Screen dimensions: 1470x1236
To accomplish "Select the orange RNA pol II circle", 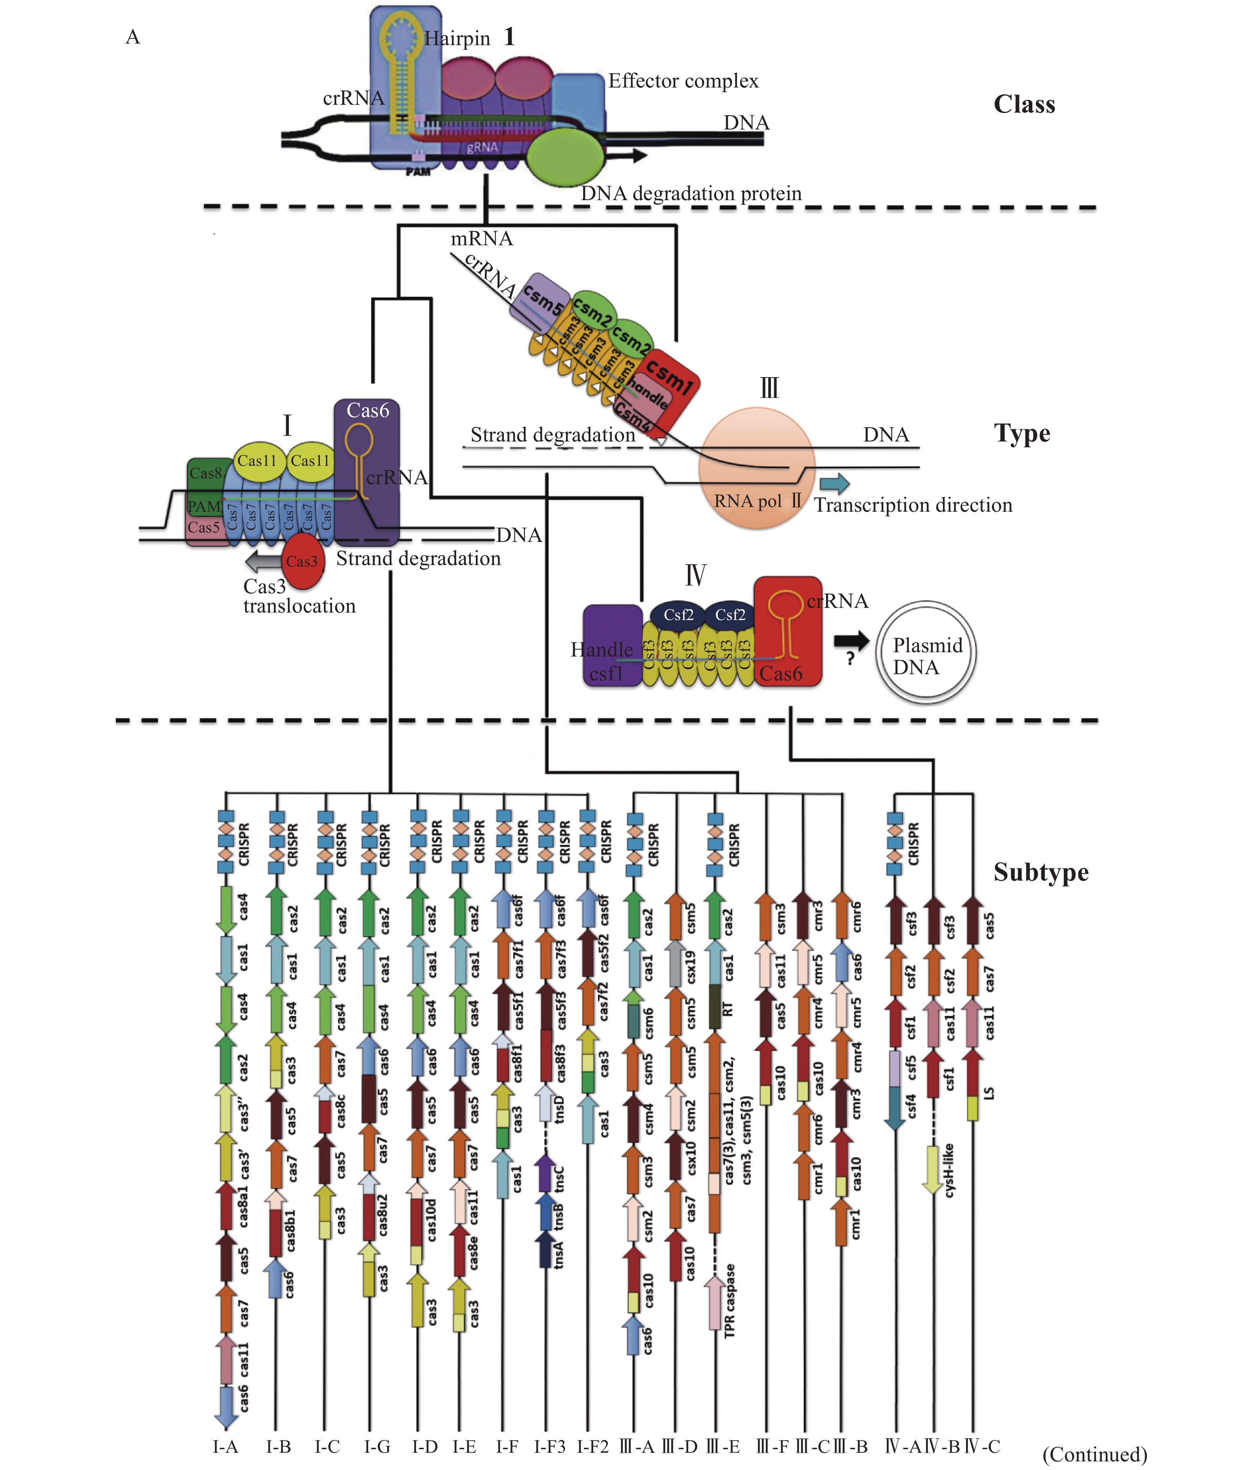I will click(x=757, y=467).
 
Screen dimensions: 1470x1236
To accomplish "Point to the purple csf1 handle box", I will click(x=612, y=645).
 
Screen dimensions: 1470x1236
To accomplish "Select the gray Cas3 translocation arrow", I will click(x=263, y=561).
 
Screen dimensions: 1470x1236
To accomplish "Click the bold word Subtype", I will click(x=1041, y=872).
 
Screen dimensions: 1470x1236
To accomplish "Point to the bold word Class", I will click(x=1024, y=104).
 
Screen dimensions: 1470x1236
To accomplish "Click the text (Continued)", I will click(x=1094, y=1455).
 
